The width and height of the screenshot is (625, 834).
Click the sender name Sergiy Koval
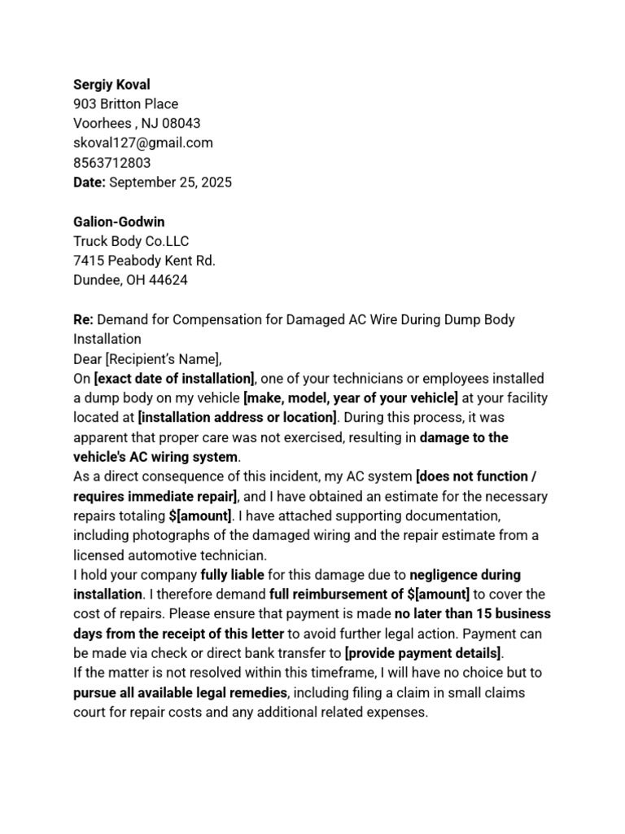pyautogui.click(x=111, y=85)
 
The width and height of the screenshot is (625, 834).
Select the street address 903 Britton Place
pyautogui.click(x=125, y=104)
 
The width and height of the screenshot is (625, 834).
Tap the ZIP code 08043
pyautogui.click(x=182, y=124)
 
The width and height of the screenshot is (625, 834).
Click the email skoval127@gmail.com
pyautogui.click(x=143, y=143)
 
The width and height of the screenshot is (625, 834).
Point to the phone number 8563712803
pyautogui.click(x=111, y=163)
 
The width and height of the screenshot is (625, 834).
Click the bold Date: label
pyautogui.click(x=90, y=182)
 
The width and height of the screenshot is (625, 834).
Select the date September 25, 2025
pyautogui.click(x=170, y=182)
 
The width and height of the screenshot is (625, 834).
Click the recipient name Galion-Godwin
pyautogui.click(x=120, y=222)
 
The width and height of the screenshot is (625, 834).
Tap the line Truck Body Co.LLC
pyautogui.click(x=131, y=241)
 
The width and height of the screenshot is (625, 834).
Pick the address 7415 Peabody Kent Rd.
pyautogui.click(x=144, y=261)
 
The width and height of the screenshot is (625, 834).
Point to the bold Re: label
pyautogui.click(x=84, y=319)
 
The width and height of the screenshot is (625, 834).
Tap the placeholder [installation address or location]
pyautogui.click(x=237, y=418)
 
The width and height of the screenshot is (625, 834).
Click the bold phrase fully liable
pyautogui.click(x=232, y=575)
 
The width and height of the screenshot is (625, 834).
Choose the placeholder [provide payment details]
pyautogui.click(x=423, y=653)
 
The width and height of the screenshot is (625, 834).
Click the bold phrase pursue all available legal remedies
pyautogui.click(x=181, y=692)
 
